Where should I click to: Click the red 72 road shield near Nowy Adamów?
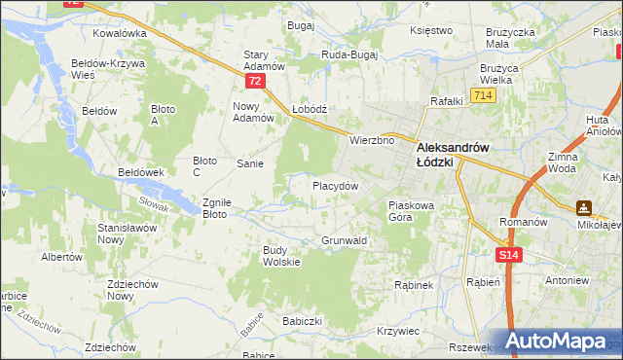(254, 81)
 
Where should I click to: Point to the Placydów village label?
(336, 186)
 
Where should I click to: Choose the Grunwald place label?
(344, 240)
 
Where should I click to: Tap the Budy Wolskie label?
(282, 256)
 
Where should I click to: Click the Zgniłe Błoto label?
(215, 208)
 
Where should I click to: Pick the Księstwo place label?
(432, 30)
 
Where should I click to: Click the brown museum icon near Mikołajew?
(584, 207)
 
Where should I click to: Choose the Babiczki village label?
(302, 320)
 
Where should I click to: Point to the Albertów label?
(60, 257)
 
